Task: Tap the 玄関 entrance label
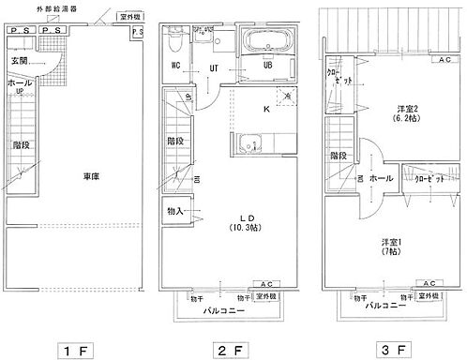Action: [21, 61]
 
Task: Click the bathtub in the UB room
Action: [267, 42]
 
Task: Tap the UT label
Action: [215, 67]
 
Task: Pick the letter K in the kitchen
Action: [266, 110]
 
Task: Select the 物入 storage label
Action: [174, 212]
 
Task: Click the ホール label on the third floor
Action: [380, 176]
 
